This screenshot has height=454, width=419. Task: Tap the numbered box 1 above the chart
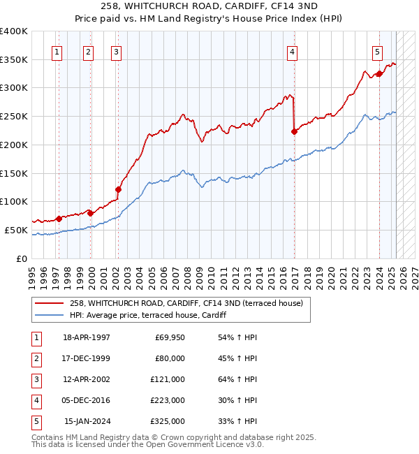click(56, 51)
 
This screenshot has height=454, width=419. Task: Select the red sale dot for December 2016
click(294, 131)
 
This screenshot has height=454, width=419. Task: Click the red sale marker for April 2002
click(118, 189)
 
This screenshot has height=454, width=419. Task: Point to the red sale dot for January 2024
click(378, 73)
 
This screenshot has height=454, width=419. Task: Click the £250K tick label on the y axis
click(15, 116)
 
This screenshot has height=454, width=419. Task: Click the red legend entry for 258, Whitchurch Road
click(185, 303)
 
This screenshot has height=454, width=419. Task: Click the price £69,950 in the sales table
click(168, 337)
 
